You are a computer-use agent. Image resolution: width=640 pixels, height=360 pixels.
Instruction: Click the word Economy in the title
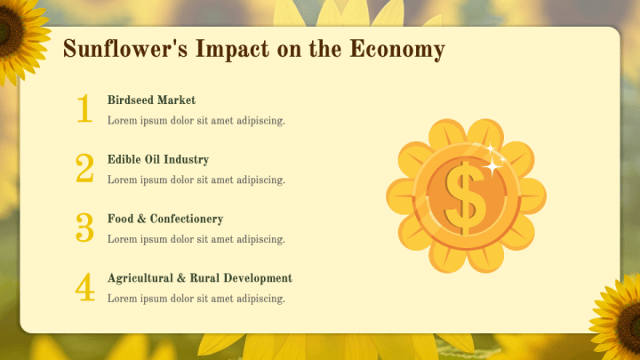coord(396,50)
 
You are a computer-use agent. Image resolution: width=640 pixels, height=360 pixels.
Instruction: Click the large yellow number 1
coord(84,108)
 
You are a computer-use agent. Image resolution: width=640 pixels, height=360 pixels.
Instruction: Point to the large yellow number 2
coord(84,168)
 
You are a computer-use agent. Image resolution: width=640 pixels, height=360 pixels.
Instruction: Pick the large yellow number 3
coord(84,228)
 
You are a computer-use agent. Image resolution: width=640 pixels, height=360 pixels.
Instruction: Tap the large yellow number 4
coord(84,287)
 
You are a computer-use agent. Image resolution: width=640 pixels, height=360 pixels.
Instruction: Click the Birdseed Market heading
coord(151,100)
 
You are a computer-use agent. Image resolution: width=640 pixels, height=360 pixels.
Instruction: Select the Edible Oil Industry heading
coord(158,160)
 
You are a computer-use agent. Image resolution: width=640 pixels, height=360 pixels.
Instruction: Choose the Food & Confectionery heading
coord(165,219)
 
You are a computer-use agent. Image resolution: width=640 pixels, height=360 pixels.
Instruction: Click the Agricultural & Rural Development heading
coord(200,278)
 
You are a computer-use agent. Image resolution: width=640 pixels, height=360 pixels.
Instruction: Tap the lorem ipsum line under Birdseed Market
coord(196,121)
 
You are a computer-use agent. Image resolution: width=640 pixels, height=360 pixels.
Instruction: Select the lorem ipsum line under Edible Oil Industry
coord(196,180)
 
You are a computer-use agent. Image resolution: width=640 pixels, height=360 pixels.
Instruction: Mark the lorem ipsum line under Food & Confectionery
coord(196,239)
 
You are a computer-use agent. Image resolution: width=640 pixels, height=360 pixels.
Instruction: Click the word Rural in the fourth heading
coord(204,278)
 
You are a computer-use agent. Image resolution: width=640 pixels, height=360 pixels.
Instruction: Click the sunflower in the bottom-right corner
coord(620,313)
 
